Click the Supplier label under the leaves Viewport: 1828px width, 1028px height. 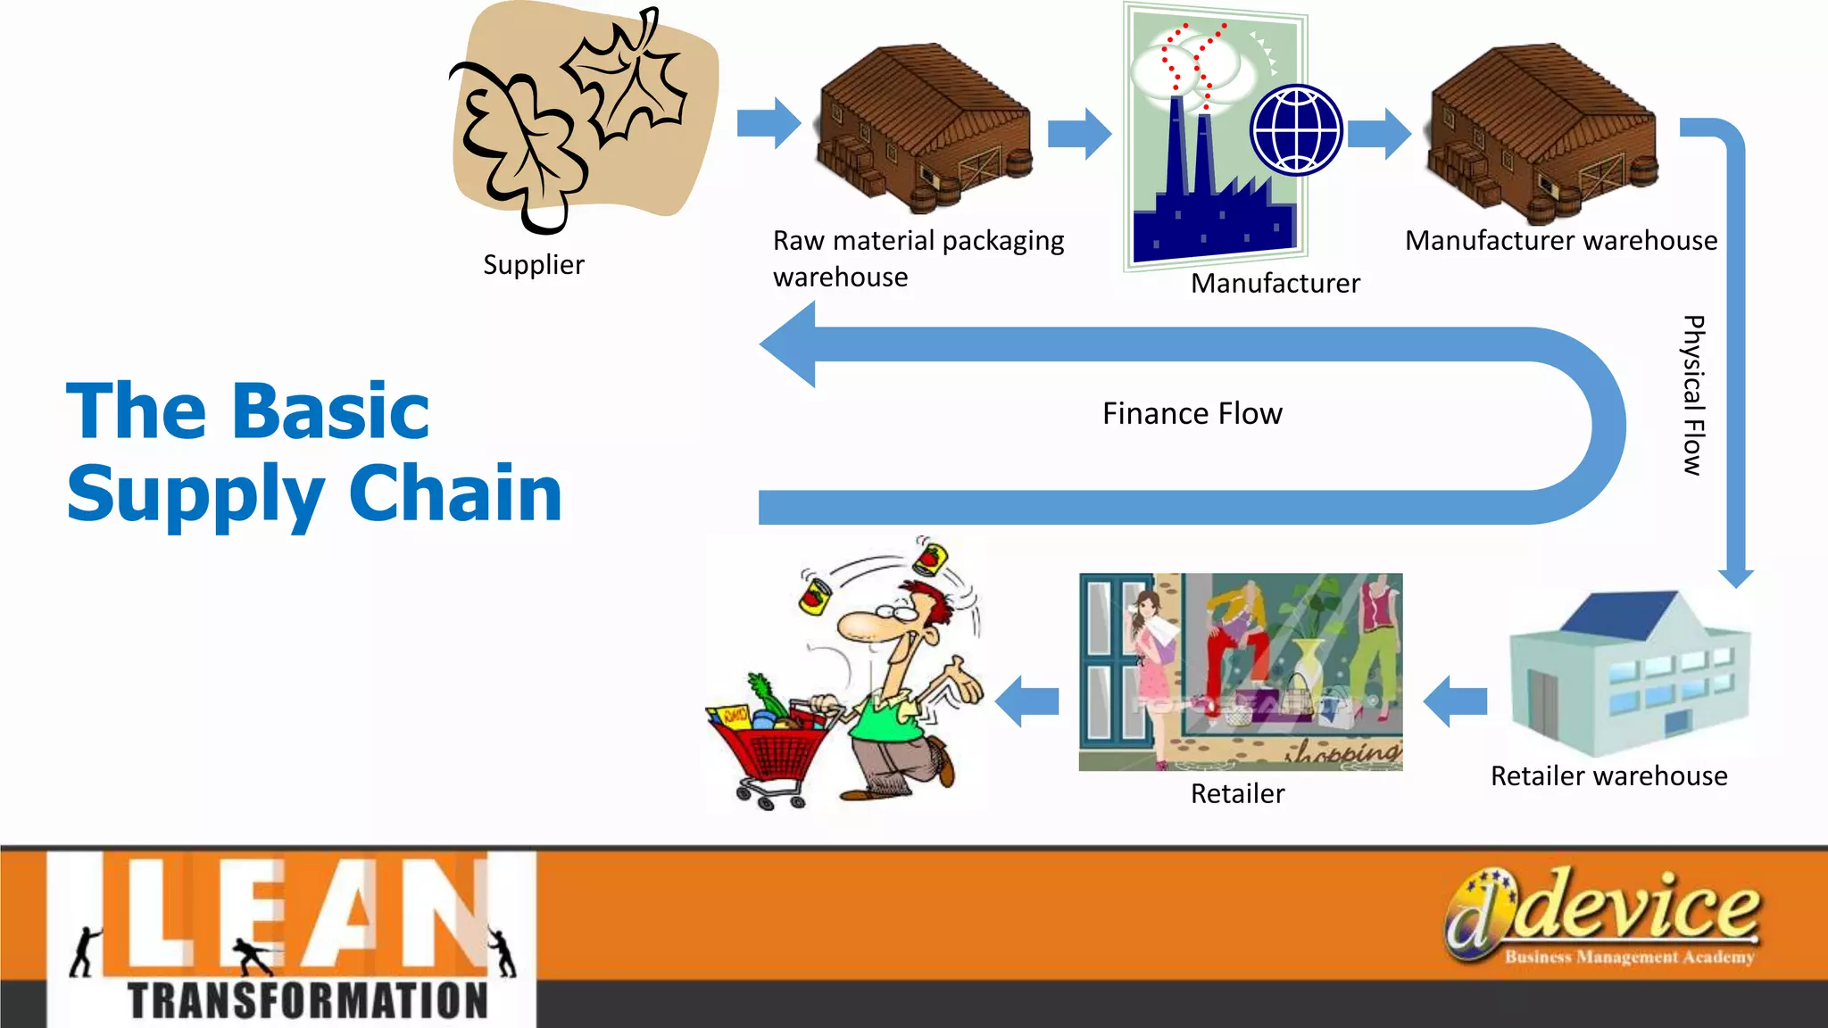tap(533, 265)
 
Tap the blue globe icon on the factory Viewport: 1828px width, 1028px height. tap(1296, 129)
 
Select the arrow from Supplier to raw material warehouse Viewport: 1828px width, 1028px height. tap(769, 123)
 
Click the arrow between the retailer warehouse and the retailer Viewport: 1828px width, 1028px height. tap(1455, 701)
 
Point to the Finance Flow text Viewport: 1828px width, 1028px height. tap(1192, 414)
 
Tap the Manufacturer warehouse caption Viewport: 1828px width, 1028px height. tap(1560, 241)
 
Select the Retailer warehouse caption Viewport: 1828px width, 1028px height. tap(1608, 776)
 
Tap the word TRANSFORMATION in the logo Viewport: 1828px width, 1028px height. tap(308, 1000)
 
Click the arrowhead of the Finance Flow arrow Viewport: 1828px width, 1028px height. tap(790, 344)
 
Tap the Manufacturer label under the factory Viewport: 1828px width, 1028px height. tap(1275, 284)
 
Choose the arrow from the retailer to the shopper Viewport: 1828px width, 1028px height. tap(1026, 701)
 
